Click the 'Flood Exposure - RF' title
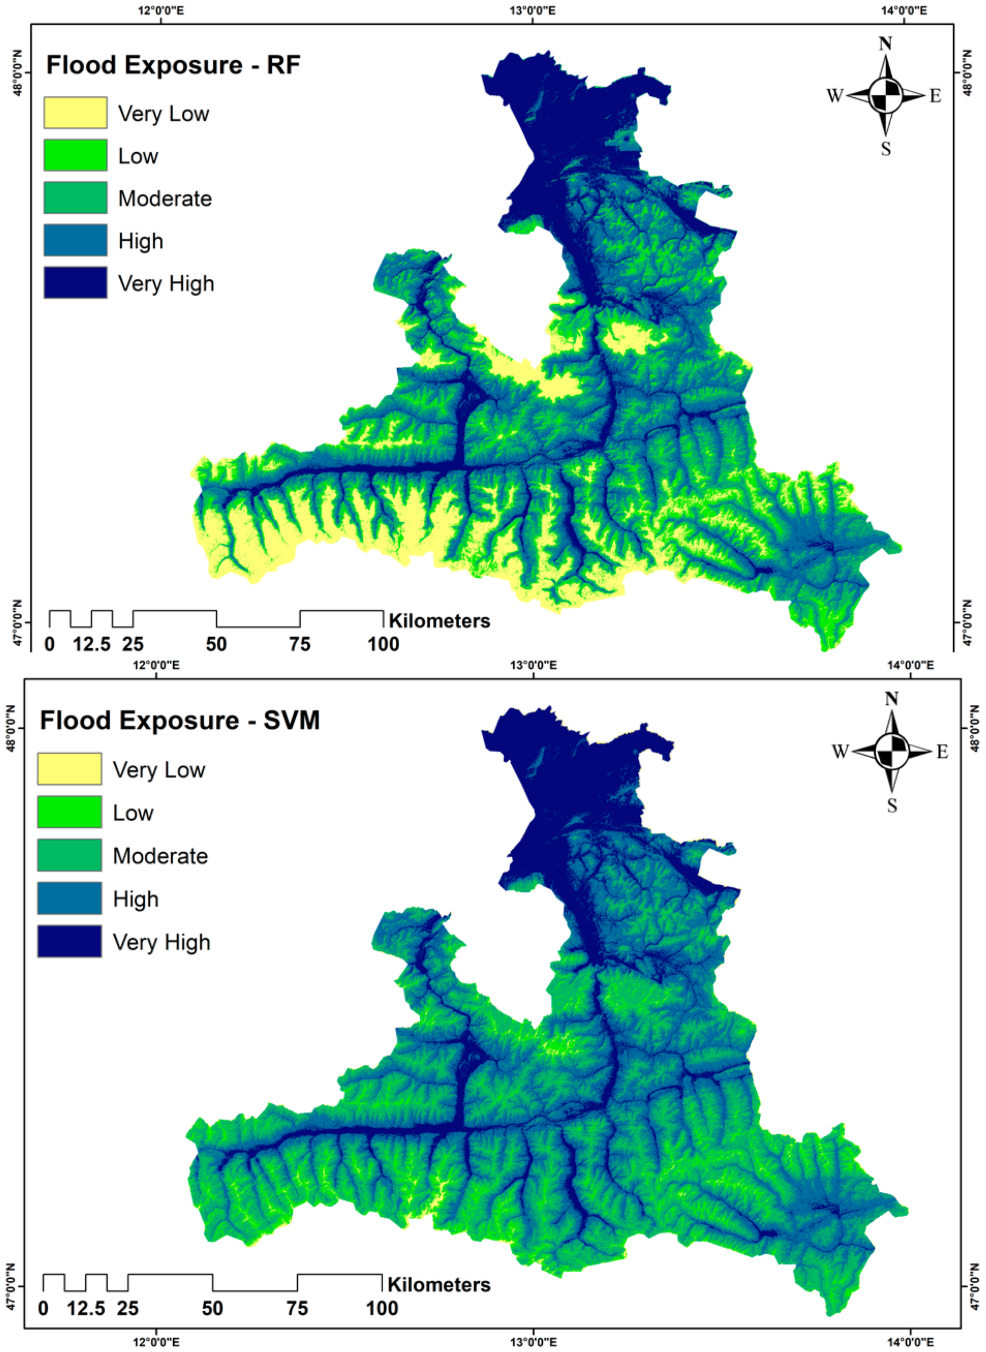pos(173,65)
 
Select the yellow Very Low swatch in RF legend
pos(75,113)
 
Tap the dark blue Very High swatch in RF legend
pos(75,282)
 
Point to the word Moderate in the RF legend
pos(165,198)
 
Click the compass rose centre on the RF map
pos(885,96)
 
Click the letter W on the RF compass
pos(834,96)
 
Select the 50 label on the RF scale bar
pos(216,644)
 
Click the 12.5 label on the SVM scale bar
pos(86,1308)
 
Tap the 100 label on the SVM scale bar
pos(382,1308)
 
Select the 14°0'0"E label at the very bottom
pos(911,1344)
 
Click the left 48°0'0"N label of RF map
pos(18,73)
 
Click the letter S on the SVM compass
pos(892,805)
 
